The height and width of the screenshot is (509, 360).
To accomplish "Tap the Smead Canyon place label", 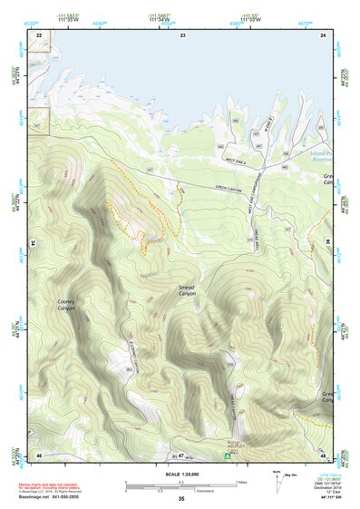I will pos(187,290).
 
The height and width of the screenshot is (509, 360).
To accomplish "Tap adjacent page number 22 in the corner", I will pos(39,34).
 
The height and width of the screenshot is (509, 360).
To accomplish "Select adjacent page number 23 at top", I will pos(182,34).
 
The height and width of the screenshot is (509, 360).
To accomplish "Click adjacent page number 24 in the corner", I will pos(323,34).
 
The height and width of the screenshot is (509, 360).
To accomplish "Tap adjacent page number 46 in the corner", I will pos(39,454).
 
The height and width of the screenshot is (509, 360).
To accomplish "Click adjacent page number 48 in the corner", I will pos(323,454).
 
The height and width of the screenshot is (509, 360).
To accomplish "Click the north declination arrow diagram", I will pos(279,482).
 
